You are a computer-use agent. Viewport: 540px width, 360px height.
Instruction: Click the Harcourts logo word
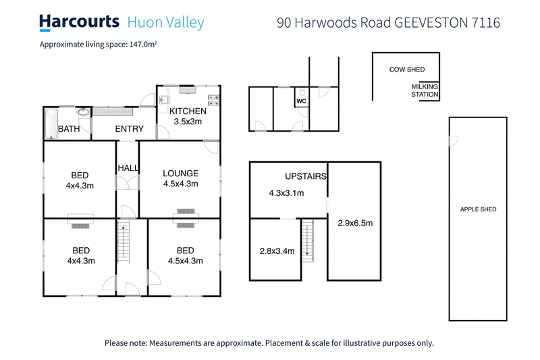(79, 22)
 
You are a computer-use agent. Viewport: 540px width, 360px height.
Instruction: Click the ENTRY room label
(130, 129)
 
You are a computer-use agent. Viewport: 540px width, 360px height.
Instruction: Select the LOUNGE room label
(180, 173)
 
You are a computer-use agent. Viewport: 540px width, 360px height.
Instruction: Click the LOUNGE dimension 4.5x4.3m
(180, 183)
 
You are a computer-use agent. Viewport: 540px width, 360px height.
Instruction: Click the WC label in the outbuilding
(302, 103)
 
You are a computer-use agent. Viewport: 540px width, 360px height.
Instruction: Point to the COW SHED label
(406, 69)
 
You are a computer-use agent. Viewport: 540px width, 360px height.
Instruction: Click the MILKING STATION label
(425, 91)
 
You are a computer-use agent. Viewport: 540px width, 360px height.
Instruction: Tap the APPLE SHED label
(478, 209)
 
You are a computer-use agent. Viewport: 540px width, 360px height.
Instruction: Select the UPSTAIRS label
(306, 176)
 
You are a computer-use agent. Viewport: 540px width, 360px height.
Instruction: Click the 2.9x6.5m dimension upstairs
(356, 223)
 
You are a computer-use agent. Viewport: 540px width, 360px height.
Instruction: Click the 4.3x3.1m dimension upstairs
(286, 193)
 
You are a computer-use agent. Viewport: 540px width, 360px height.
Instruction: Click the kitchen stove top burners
(215, 99)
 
